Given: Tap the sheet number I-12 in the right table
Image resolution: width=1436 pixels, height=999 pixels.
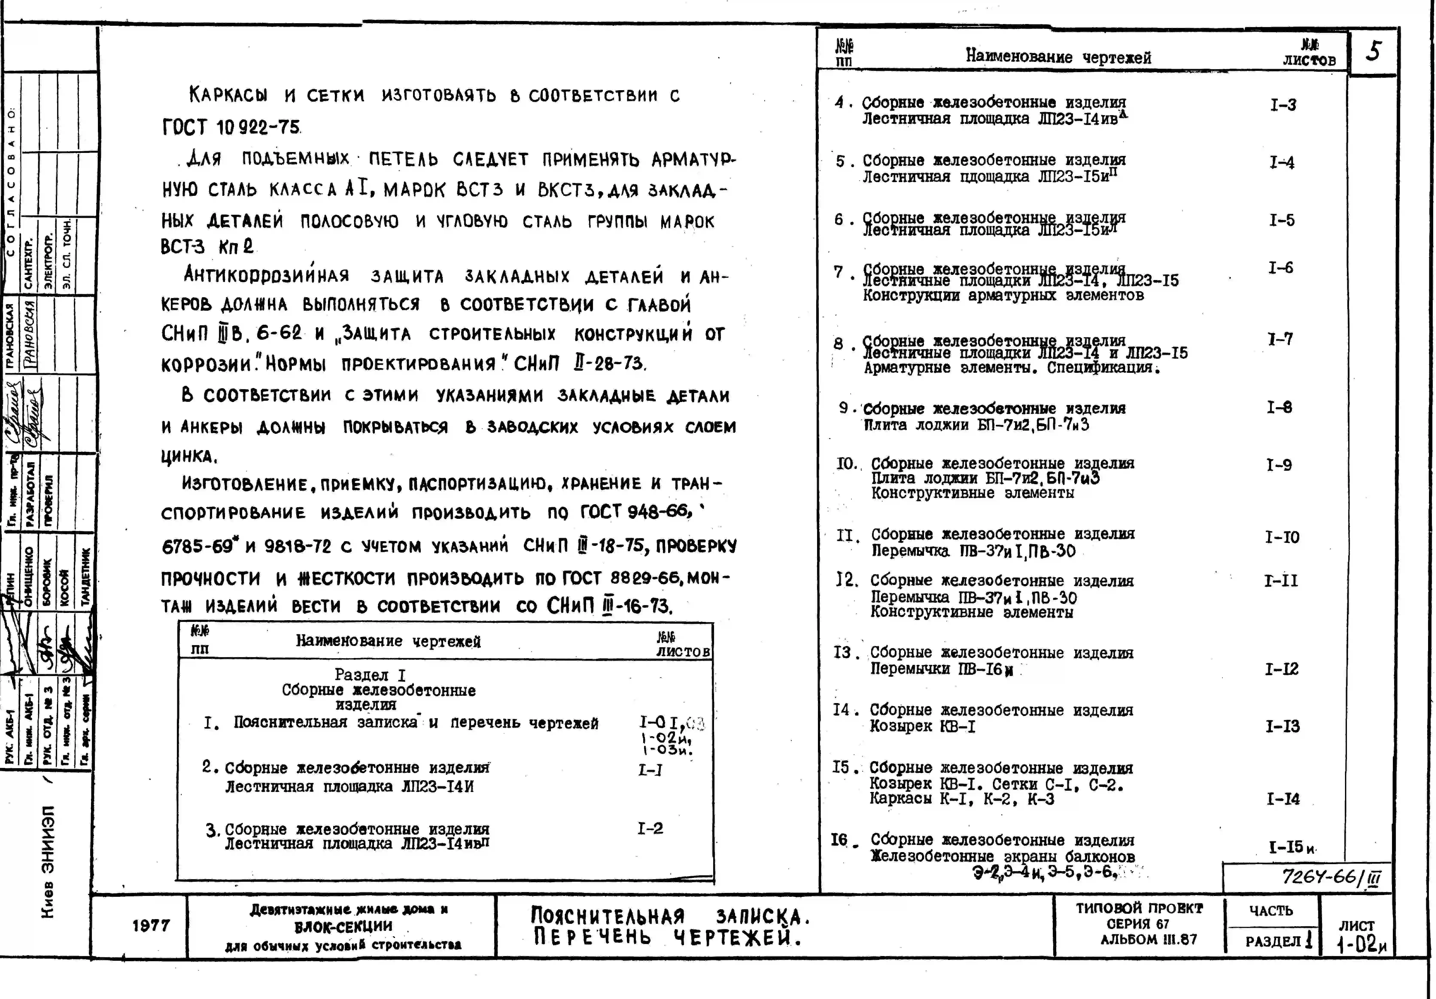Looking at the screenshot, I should click(x=1281, y=669).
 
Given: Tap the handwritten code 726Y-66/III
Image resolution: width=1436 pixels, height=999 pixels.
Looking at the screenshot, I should click(x=1330, y=877).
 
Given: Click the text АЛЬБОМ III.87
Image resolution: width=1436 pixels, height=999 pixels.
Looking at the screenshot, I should click(x=1148, y=940).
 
